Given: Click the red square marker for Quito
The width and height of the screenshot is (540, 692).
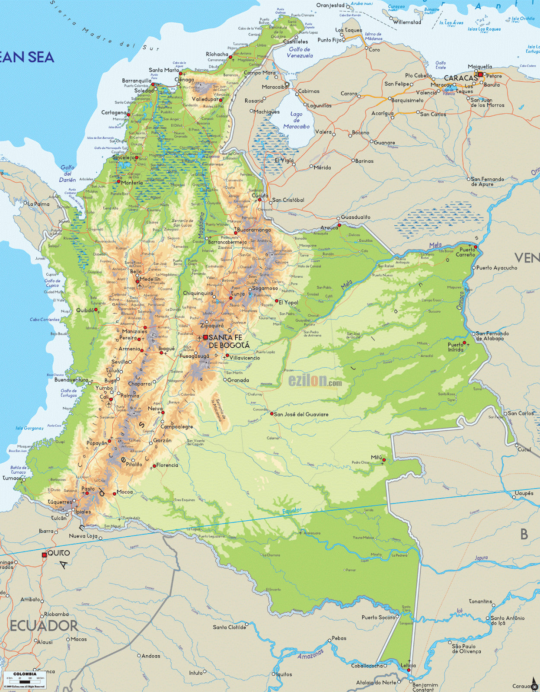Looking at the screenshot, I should click(44, 555).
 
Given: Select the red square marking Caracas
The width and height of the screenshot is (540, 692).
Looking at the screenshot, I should click(480, 74).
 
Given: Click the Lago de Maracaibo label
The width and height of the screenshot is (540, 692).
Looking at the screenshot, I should click(296, 120).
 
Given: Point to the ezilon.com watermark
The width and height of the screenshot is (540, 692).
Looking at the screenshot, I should click(315, 381).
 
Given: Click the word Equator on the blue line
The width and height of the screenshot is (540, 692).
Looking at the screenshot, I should click(292, 511).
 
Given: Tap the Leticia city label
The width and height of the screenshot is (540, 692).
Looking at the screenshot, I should click(408, 665).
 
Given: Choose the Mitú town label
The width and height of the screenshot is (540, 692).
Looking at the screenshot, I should click(376, 457).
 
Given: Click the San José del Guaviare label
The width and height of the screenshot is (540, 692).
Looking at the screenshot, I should click(301, 414).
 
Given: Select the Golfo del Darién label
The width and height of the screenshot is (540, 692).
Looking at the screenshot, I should click(67, 173).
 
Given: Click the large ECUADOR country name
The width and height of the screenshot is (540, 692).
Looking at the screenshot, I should click(44, 626).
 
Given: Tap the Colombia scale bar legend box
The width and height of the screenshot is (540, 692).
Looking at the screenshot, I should click(25, 679).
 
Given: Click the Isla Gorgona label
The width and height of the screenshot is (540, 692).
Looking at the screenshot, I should click(29, 428).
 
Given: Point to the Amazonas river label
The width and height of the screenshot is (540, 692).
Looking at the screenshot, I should click(310, 654).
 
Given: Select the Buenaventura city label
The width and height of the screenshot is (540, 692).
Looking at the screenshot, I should click(71, 380).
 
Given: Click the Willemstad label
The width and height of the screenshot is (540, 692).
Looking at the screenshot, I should click(407, 22).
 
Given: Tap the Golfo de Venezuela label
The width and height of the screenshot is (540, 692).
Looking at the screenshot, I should click(300, 52).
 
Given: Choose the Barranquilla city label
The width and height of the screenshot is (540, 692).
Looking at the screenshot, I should click(137, 80).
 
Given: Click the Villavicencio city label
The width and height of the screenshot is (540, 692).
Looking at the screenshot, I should click(245, 358).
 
